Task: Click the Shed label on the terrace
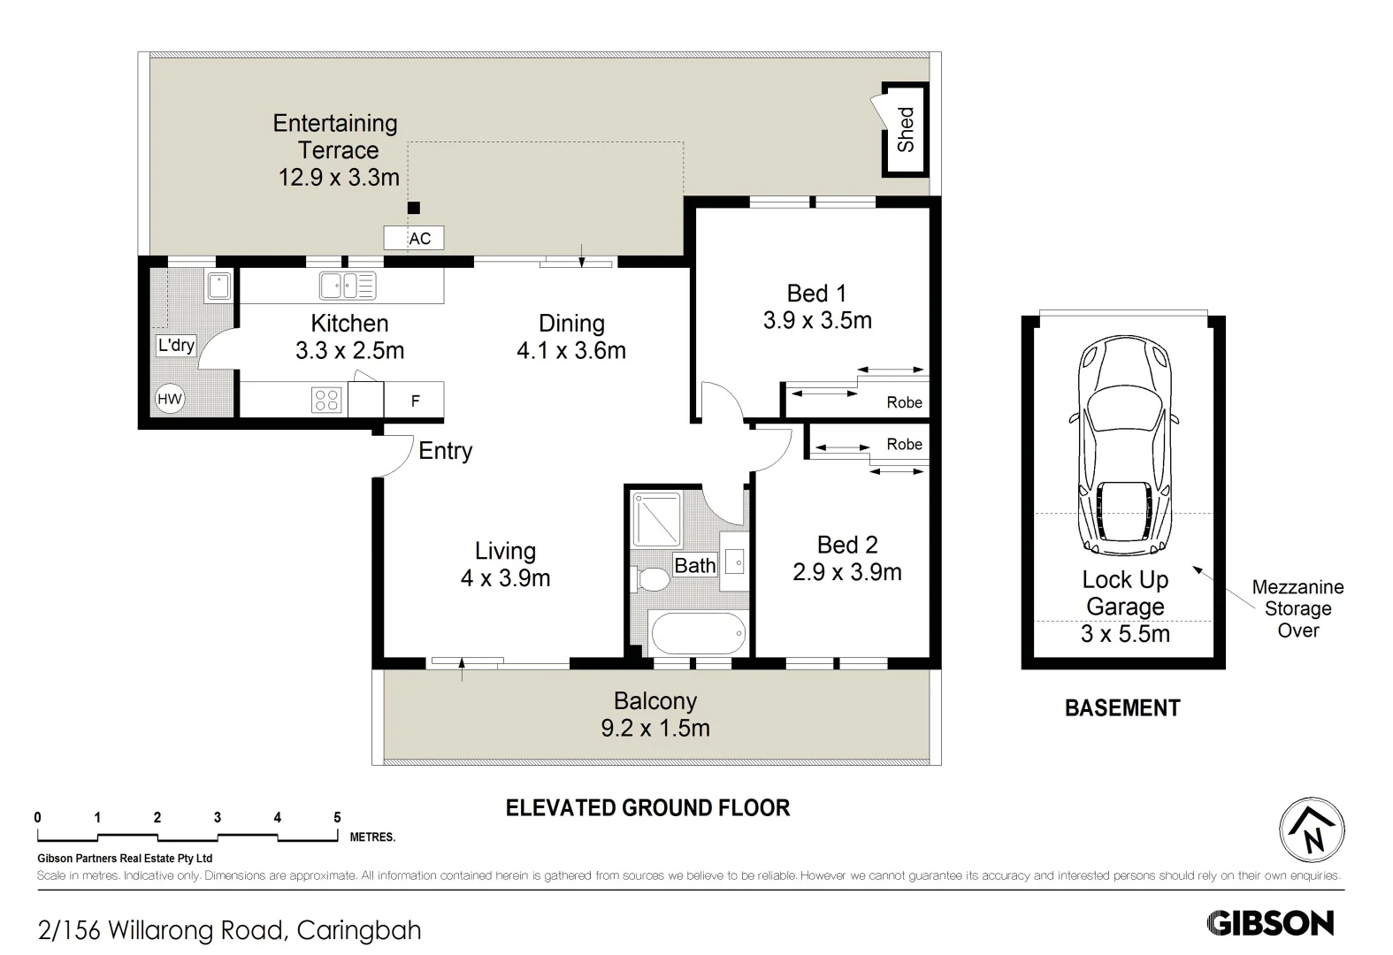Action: tap(906, 129)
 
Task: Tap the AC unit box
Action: tap(414, 238)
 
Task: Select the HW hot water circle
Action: tap(170, 399)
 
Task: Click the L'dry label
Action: tap(176, 345)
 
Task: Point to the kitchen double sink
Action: tap(348, 286)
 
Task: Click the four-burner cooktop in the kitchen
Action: tap(326, 400)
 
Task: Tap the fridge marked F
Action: tap(414, 400)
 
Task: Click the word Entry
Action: tap(445, 451)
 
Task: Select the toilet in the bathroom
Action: tap(649, 579)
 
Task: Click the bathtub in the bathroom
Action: tap(699, 633)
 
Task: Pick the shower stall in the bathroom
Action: tap(656, 519)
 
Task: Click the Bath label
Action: tap(695, 565)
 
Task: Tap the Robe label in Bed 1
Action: tap(904, 402)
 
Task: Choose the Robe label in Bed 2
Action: tap(904, 444)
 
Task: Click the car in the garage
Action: tap(1124, 445)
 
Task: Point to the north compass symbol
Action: tap(1313, 830)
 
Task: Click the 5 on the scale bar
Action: tap(337, 817)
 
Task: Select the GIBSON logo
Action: tap(1270, 923)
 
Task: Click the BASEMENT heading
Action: tap(1122, 708)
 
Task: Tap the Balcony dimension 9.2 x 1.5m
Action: tap(655, 728)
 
